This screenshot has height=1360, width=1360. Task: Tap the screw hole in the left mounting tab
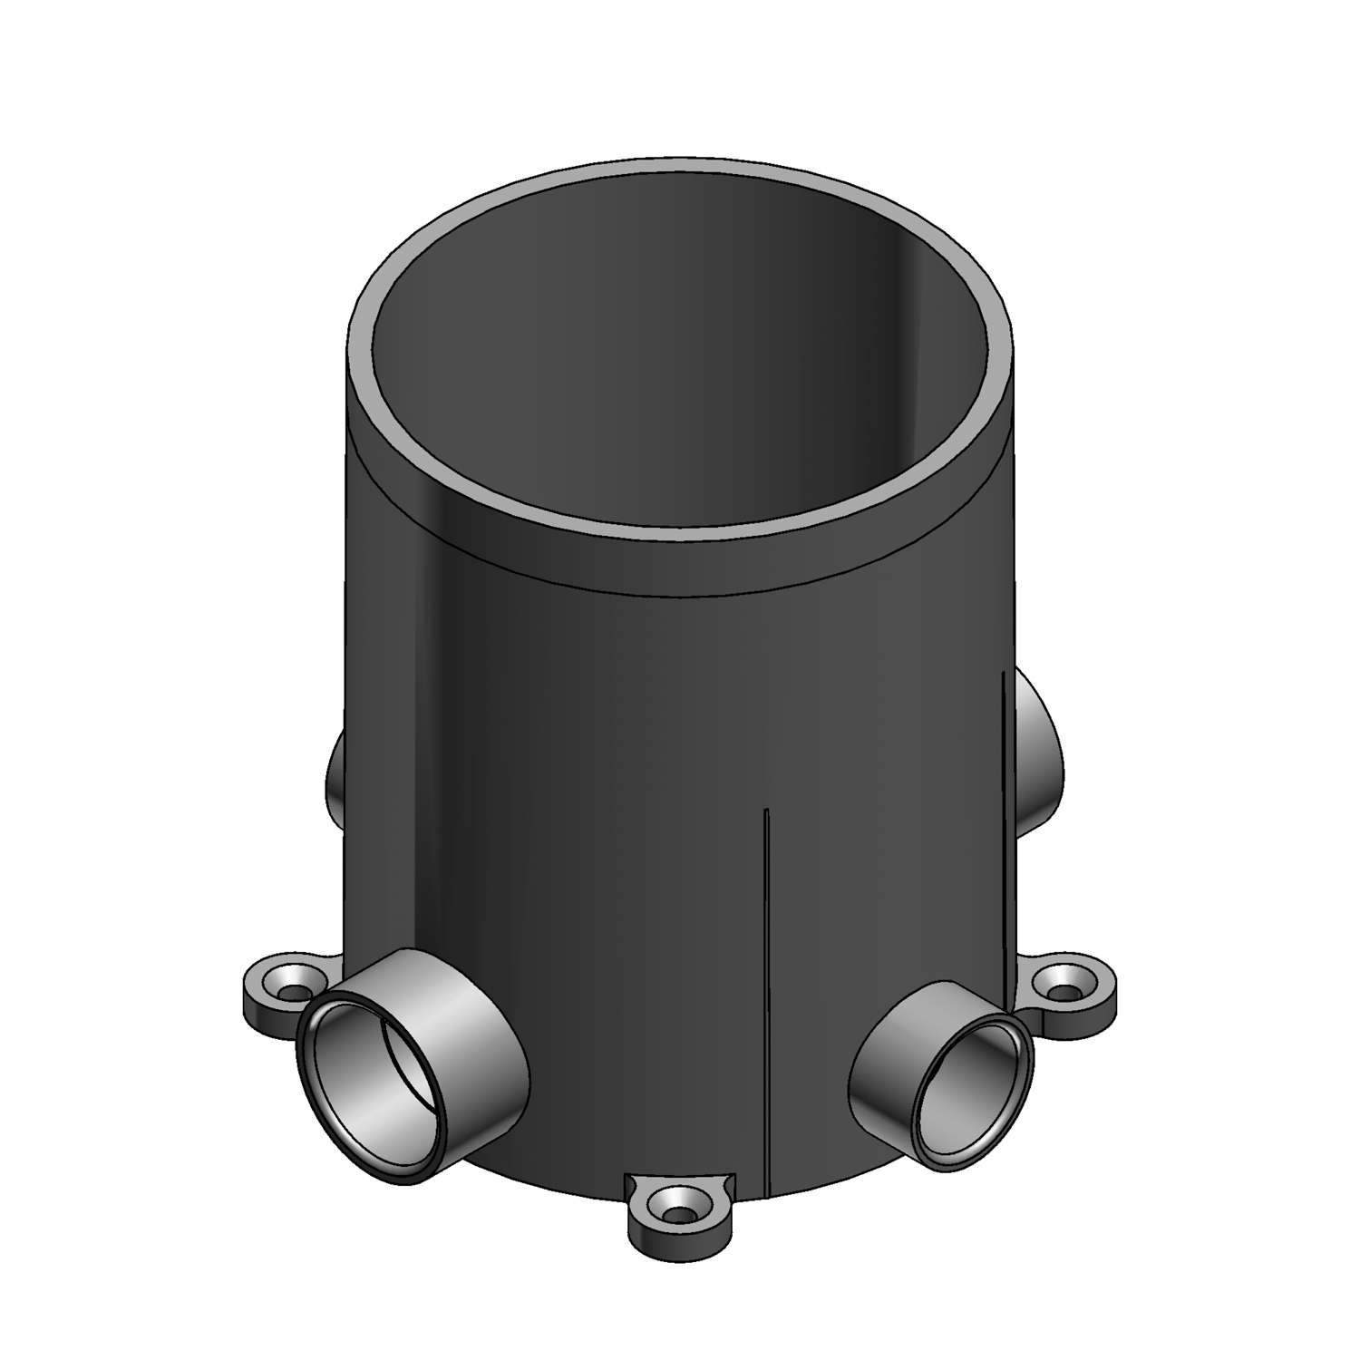291,987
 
